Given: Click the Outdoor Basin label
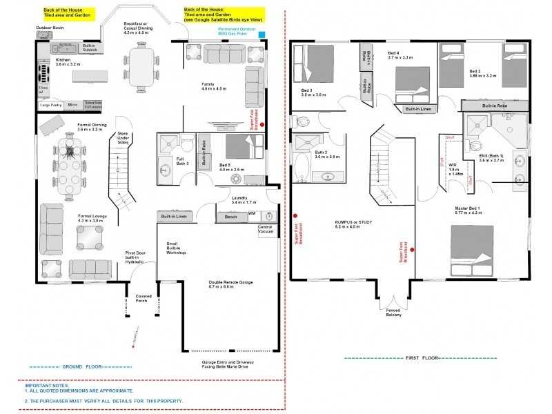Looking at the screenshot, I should (48, 28).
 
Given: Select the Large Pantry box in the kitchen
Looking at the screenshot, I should (51, 106).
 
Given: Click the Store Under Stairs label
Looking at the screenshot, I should (123, 138).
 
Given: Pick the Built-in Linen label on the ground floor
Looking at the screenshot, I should (174, 217).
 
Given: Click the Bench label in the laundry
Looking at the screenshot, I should (231, 217).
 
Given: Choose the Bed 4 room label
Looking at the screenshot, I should (400, 55).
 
